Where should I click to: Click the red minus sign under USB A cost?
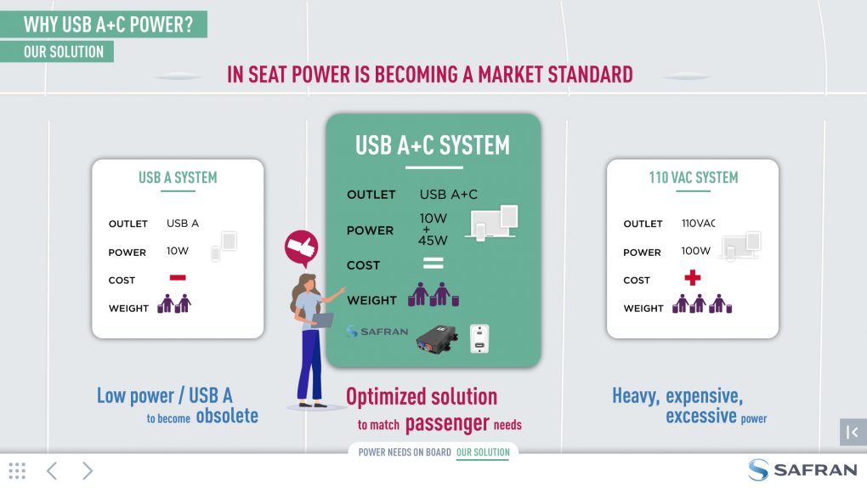click(178, 278)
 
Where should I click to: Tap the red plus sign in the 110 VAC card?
click(692, 278)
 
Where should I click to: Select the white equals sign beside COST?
click(433, 263)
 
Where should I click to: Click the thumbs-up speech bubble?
click(302, 247)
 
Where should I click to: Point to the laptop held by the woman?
click(323, 321)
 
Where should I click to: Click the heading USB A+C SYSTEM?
click(433, 145)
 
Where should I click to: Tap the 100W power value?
click(695, 251)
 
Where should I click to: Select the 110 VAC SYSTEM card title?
click(694, 178)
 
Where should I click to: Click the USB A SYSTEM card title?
click(178, 178)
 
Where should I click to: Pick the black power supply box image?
click(437, 339)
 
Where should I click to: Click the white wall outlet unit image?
click(479, 338)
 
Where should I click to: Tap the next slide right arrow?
click(88, 471)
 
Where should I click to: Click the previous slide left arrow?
click(52, 471)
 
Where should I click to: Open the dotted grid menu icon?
click(17, 471)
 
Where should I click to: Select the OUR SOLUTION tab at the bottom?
click(483, 452)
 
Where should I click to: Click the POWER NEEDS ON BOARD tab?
click(405, 452)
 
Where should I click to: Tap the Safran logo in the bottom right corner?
click(802, 470)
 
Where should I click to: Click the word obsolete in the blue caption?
click(227, 416)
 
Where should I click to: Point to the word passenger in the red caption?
click(447, 424)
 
